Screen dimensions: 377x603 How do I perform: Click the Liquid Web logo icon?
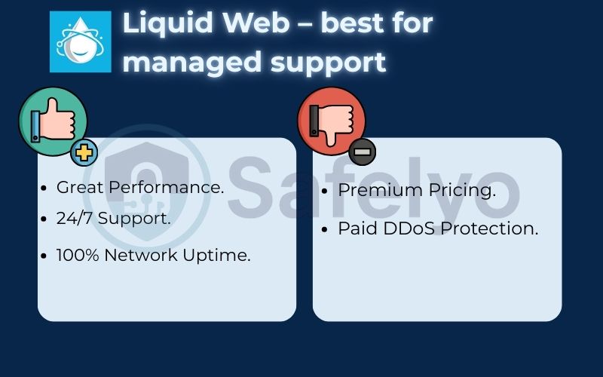[x=80, y=42]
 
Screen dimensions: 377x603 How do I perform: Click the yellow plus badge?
[x=84, y=153]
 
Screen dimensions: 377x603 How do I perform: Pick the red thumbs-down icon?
[x=332, y=121]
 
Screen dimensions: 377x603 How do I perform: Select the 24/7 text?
[x=75, y=219]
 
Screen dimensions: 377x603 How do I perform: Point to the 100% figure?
[x=78, y=255]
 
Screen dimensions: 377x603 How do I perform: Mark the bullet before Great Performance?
[x=46, y=188]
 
